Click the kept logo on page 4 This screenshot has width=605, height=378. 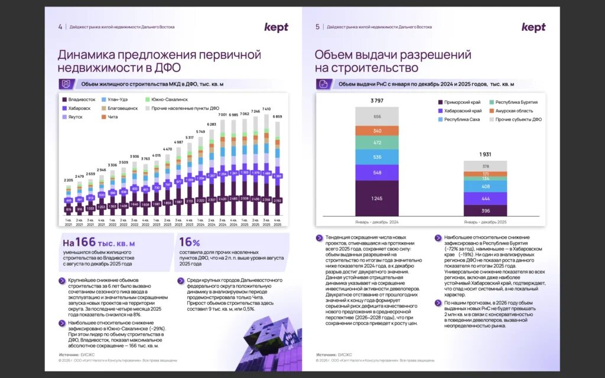pyautogui.click(x=277, y=27)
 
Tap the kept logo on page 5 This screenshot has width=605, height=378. pyautogui.click(x=534, y=27)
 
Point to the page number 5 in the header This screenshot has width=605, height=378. pyautogui.click(x=317, y=27)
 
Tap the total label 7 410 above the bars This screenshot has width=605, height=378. pyautogui.click(x=267, y=109)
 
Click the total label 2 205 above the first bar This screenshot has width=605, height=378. pyautogui.click(x=69, y=180)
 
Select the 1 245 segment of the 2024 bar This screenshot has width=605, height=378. pyautogui.click(x=377, y=198)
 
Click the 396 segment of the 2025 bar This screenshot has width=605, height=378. pyautogui.click(x=485, y=211)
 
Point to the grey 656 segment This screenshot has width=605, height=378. pyautogui.click(x=377, y=117)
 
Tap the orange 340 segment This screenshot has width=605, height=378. pyautogui.click(x=377, y=131)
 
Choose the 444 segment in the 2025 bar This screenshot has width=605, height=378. pyautogui.click(x=485, y=198)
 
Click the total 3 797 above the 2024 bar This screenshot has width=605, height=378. pyautogui.click(x=377, y=101)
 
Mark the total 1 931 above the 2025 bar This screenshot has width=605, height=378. pyautogui.click(x=485, y=155)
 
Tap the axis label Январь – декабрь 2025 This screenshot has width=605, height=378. pyautogui.click(x=485, y=221)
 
